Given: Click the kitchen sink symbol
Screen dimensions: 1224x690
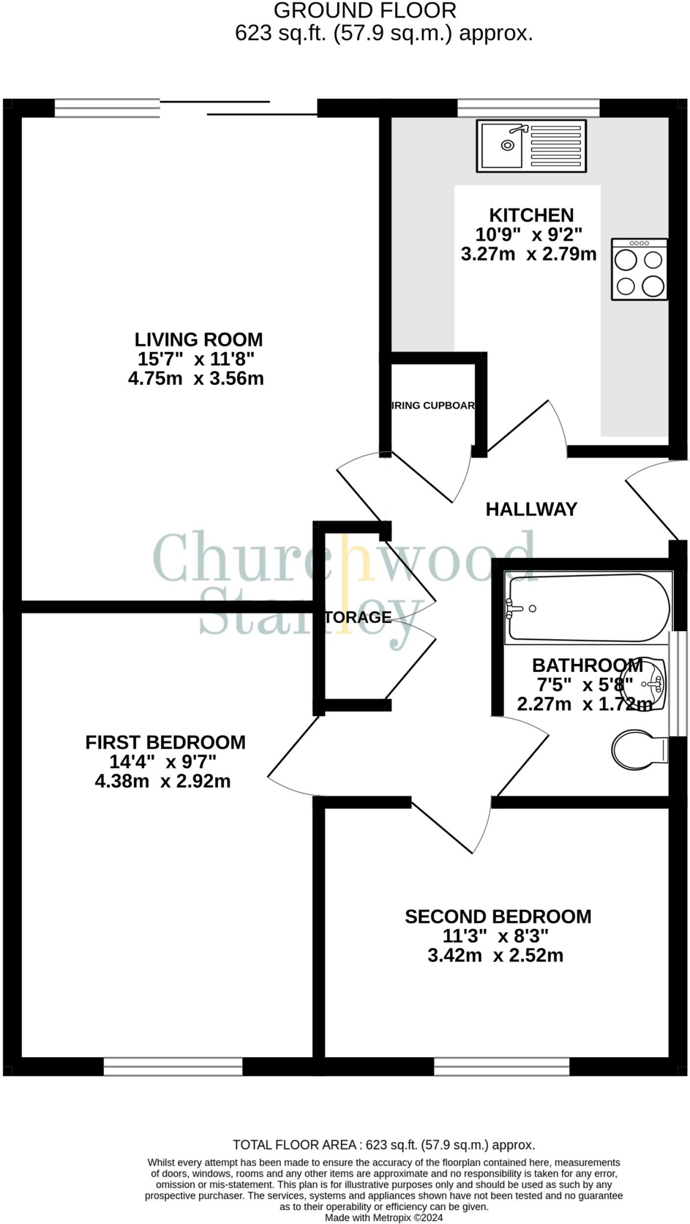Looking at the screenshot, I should [x=530, y=146].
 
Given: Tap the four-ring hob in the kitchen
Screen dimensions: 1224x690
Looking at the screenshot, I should [x=639, y=270].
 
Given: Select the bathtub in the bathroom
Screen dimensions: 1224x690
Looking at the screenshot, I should [x=588, y=608].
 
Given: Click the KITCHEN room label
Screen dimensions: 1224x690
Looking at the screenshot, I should [x=531, y=215].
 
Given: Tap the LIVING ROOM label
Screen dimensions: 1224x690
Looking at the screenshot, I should [x=198, y=339].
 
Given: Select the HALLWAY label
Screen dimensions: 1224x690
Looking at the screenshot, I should [x=531, y=509].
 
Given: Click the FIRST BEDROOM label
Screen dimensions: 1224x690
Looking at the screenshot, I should [x=165, y=742].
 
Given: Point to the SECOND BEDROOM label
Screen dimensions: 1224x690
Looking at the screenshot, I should [x=498, y=917].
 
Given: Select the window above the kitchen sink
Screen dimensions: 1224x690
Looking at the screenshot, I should [x=528, y=108].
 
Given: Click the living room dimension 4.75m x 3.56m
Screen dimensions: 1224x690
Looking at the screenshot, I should [x=196, y=378].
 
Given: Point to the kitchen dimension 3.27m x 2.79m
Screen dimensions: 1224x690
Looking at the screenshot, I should [x=529, y=254].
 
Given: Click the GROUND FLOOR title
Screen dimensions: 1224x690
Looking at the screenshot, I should [x=365, y=11].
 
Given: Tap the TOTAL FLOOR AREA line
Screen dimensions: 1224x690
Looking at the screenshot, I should [x=384, y=1145].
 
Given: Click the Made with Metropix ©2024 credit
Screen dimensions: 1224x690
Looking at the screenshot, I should [x=384, y=1217].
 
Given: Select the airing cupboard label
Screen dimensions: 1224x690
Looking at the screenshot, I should [x=433, y=406].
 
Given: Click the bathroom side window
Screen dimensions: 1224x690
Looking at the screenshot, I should [x=677, y=684].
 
